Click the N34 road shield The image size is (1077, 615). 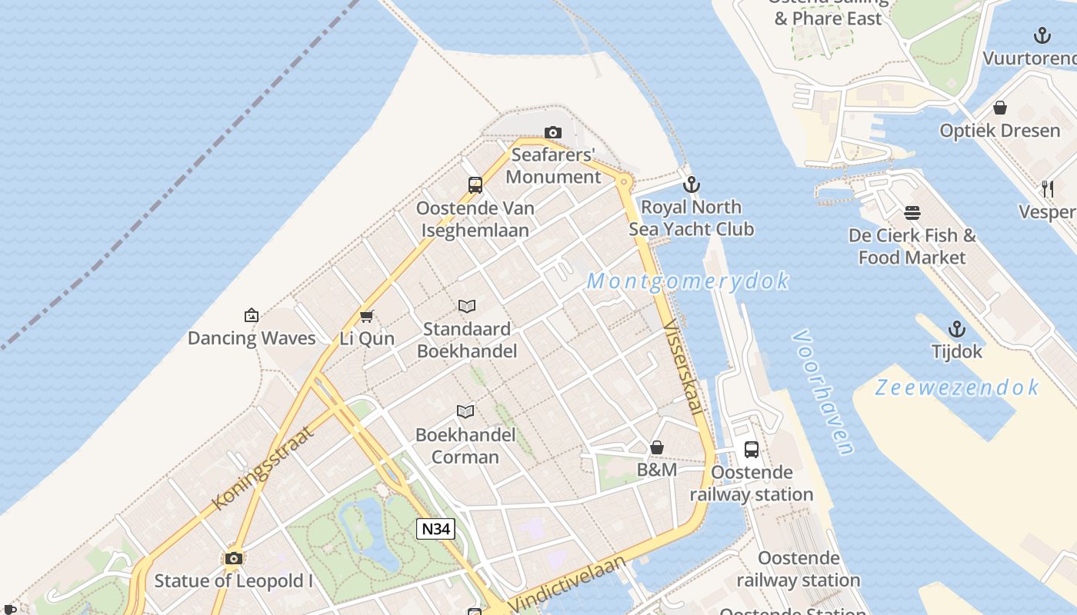pos(436,529)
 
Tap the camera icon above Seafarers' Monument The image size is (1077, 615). pos(552,133)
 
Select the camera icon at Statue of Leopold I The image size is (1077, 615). pos(234,559)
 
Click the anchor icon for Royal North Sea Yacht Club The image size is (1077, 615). pos(692,184)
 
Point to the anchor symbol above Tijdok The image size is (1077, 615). pos(956,329)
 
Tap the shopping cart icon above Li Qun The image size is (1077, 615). pos(367,316)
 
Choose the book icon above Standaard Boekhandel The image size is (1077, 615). pos(467,307)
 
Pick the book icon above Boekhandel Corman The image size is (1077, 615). pos(465,411)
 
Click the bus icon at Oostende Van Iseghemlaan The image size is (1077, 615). pos(475,185)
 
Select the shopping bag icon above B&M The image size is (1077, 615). pos(657,447)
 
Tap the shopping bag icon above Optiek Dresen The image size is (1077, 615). pos(1000,108)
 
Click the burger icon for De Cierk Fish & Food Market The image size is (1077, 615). pos(912,213)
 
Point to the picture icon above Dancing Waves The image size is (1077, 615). pos(251,315)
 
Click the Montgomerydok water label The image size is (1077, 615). pos(688,281)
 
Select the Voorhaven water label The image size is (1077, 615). pos(823,392)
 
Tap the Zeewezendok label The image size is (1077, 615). pos(957,387)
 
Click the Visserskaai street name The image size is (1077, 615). pos(683,367)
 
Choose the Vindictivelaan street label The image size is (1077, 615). pos(568,583)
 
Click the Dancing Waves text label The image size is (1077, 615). pos(252,338)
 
